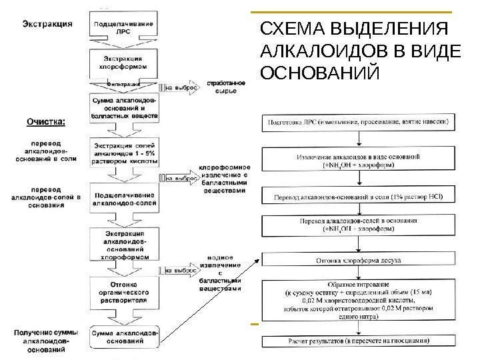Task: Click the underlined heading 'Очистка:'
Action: coord(46,122)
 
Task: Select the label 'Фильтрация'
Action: coord(123,85)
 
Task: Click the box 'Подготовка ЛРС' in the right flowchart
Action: coord(359,123)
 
